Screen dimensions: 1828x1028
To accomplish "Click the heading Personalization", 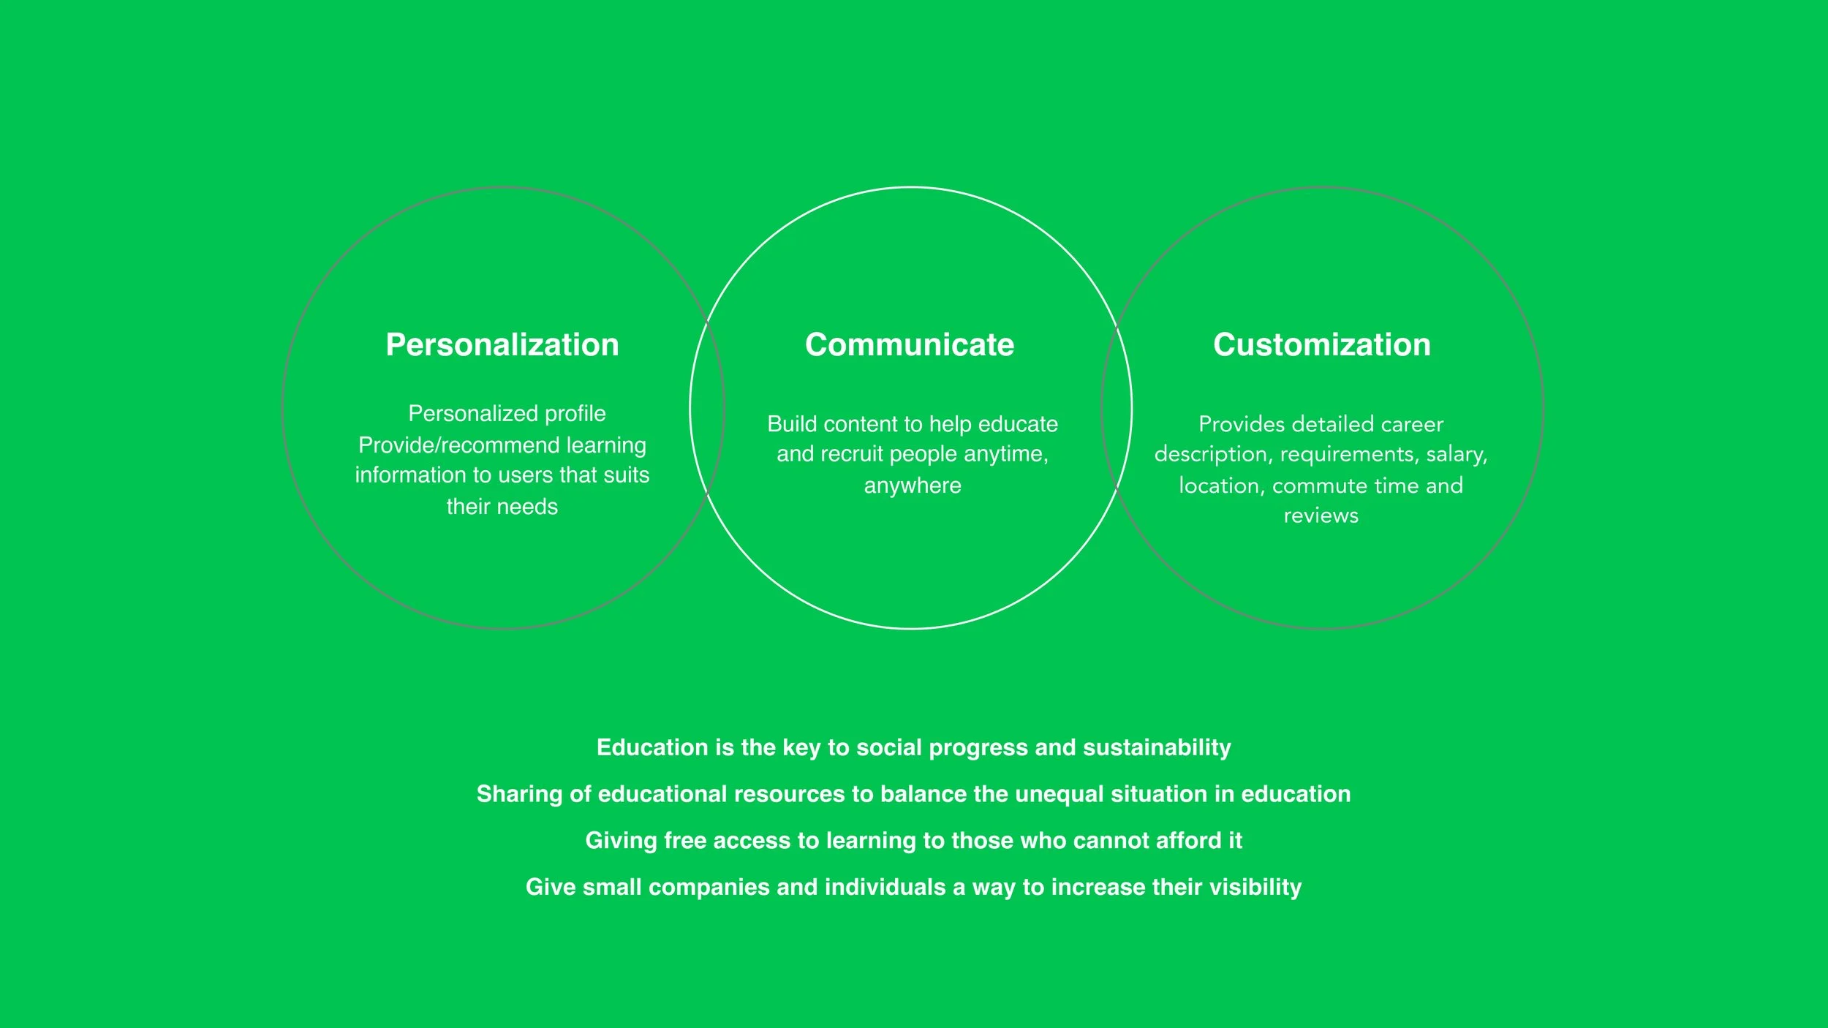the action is pos(502,344).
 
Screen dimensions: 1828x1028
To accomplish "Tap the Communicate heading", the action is pos(909,344).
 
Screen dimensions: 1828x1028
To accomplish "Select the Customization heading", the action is pos(1321,344).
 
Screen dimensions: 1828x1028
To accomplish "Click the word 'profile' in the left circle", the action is pos(575,414).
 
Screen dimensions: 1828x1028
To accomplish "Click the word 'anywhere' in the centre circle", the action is pos(913,485).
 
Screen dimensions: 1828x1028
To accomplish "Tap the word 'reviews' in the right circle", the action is pos(1321,516).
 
